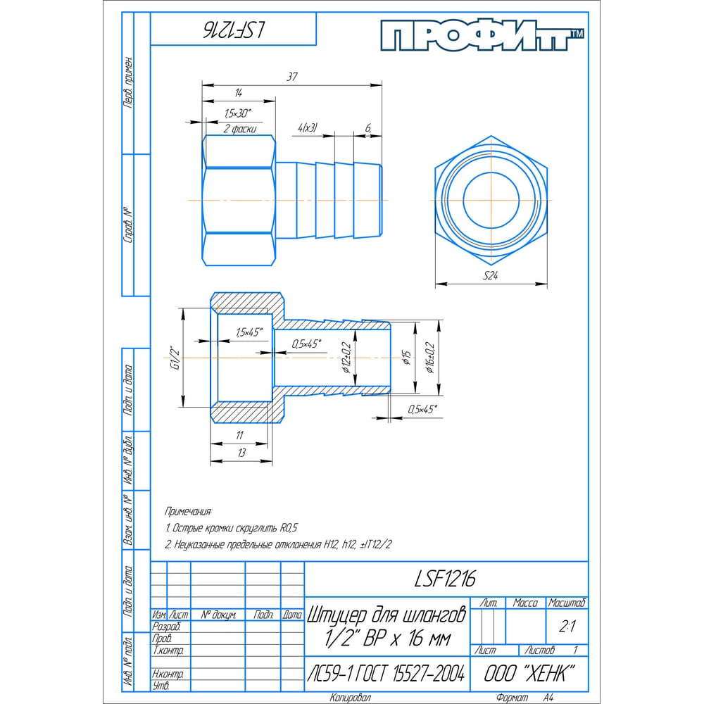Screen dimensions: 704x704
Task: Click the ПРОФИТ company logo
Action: pyautogui.click(x=482, y=35)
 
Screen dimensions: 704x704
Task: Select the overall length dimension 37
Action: pyautogui.click(x=292, y=77)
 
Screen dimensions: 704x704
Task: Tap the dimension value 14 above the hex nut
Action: pyautogui.click(x=239, y=93)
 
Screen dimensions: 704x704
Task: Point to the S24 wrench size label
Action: pyautogui.click(x=490, y=275)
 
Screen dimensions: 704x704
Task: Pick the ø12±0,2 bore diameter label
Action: pyautogui.click(x=346, y=358)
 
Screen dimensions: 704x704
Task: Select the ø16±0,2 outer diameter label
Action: pyautogui.click(x=431, y=358)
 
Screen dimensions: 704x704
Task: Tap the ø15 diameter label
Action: pyautogui.click(x=407, y=358)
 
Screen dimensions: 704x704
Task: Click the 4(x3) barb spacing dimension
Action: pyautogui.click(x=308, y=128)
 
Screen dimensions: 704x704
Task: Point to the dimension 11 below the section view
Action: pyautogui.click(x=239, y=435)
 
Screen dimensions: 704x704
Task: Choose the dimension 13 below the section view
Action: pyautogui.click(x=241, y=453)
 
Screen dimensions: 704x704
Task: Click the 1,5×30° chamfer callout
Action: pyautogui.click(x=238, y=113)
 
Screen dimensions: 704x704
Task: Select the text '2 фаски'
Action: pyautogui.click(x=240, y=129)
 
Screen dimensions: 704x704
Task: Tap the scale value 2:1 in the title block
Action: pyautogui.click(x=567, y=627)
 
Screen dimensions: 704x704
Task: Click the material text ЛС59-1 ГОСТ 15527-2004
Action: pyautogui.click(x=386, y=674)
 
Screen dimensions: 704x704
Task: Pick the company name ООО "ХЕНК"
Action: pyautogui.click(x=529, y=674)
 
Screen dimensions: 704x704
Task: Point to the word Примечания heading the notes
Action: pyautogui.click(x=188, y=511)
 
